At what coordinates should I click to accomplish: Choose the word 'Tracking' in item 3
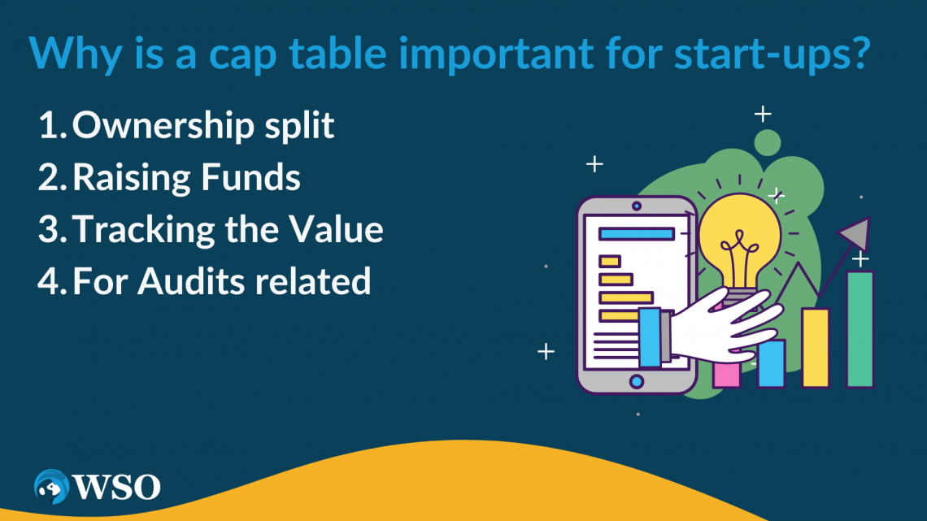pos(143,230)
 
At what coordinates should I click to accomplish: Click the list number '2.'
pos(54,178)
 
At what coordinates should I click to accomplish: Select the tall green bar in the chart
pos(860,329)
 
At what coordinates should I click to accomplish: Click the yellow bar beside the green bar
pos(815,348)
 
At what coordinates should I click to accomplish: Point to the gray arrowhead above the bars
pos(855,233)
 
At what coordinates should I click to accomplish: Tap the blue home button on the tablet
pos(637,380)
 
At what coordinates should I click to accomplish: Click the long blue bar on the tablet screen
pos(636,234)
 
